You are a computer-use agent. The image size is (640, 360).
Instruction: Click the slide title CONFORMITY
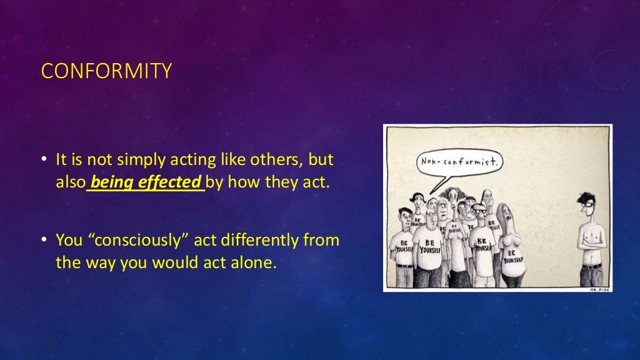tap(106, 71)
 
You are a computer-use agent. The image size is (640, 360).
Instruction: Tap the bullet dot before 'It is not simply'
tap(44, 161)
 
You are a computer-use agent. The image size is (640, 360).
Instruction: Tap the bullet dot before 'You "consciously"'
tap(44, 241)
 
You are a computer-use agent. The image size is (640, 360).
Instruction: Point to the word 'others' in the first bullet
tap(276, 160)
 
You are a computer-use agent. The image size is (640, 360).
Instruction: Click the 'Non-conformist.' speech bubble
tap(461, 163)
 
